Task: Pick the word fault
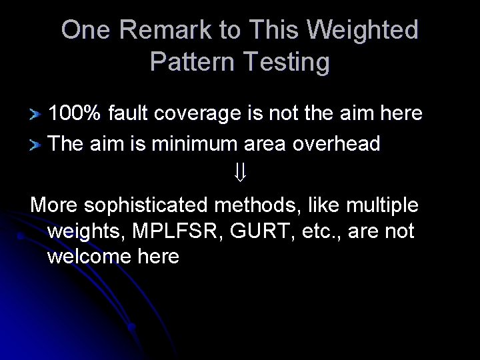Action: tap(128, 113)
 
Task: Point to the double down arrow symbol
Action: tap(241, 174)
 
